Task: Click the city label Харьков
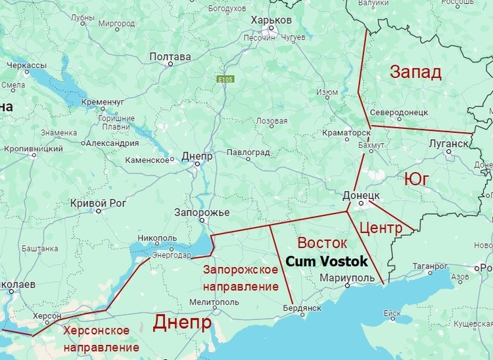click(x=271, y=20)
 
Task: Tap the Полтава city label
click(x=170, y=57)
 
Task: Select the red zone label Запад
click(x=415, y=72)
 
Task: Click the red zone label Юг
click(x=417, y=179)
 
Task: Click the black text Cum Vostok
click(x=327, y=261)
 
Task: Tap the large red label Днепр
click(x=182, y=323)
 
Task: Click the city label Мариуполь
click(x=346, y=279)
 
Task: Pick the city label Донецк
click(x=361, y=195)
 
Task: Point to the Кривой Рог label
click(x=97, y=202)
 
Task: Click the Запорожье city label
click(x=201, y=213)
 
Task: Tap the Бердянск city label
click(x=302, y=307)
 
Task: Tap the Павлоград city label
click(x=248, y=152)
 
